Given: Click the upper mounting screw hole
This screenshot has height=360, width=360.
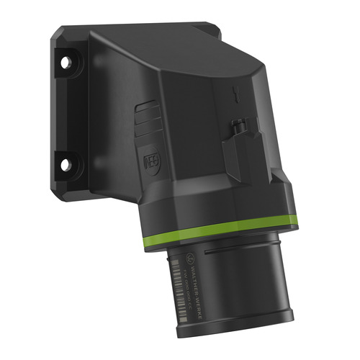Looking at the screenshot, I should tap(67, 63).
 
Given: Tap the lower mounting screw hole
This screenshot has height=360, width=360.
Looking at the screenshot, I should tap(66, 165).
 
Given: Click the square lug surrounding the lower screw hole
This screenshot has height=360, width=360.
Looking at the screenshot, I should tap(67, 166).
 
